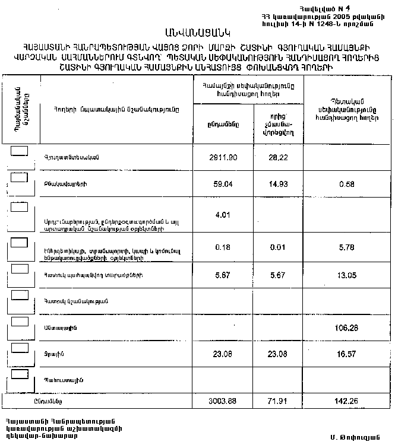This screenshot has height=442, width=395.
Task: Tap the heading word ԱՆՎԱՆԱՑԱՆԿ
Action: coord(198,31)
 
